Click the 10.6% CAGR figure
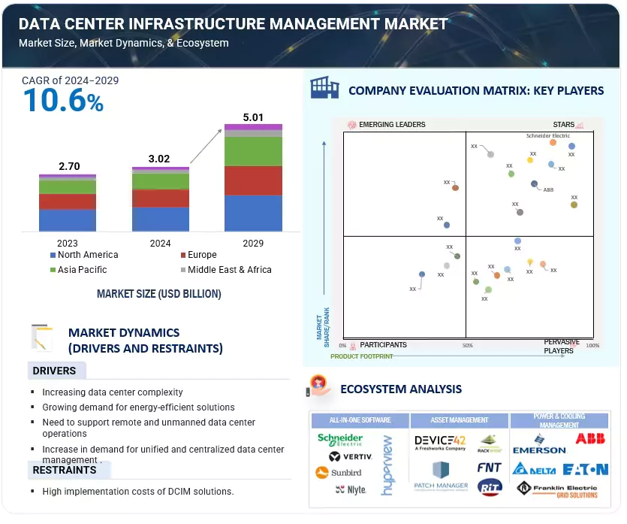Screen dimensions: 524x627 coord(63,101)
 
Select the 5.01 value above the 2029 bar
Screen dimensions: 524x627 coord(253,117)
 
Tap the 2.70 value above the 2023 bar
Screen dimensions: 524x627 coord(68,166)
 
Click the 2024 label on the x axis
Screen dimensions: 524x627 coord(160,244)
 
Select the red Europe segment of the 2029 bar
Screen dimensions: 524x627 coord(253,180)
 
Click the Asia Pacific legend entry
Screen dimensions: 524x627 coord(82,270)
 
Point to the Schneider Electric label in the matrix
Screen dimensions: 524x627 coord(548,136)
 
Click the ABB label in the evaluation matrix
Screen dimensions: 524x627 coord(548,190)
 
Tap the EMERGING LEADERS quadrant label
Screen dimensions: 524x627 coord(391,125)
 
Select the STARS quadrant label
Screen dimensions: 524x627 coord(563,125)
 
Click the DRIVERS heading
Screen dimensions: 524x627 coord(54,371)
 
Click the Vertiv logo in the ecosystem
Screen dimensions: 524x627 coord(345,456)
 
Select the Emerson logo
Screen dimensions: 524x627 coord(539,445)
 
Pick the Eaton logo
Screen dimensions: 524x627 coord(586,469)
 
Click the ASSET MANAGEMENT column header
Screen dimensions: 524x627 coord(460,420)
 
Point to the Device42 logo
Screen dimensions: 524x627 coord(440,441)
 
